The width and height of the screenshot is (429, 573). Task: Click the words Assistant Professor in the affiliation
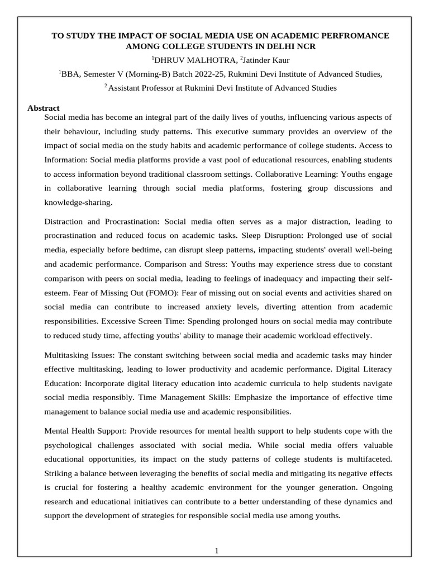[142, 87]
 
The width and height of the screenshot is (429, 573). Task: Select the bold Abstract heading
[44, 108]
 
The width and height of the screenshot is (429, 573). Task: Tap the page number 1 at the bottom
[217, 551]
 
